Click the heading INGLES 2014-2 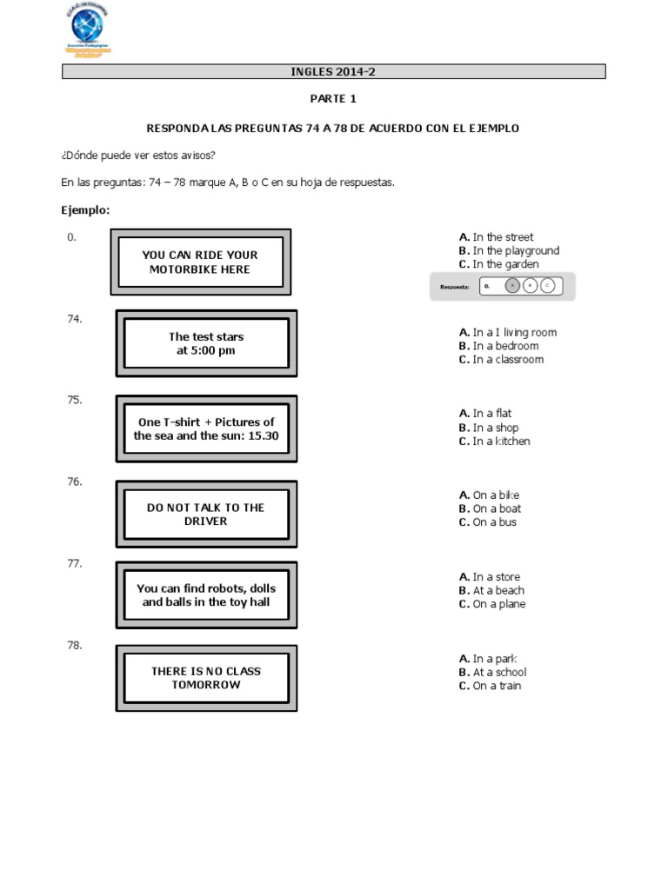(333, 72)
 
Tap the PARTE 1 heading (333, 99)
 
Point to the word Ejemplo (85, 210)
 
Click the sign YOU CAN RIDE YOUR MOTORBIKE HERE (200, 262)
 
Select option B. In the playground (509, 250)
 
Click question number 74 (75, 319)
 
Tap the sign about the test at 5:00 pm (206, 343)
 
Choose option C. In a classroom (501, 360)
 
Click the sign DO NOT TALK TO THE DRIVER (206, 515)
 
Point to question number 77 (75, 564)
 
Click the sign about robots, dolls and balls (206, 595)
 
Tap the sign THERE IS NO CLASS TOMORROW (206, 678)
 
